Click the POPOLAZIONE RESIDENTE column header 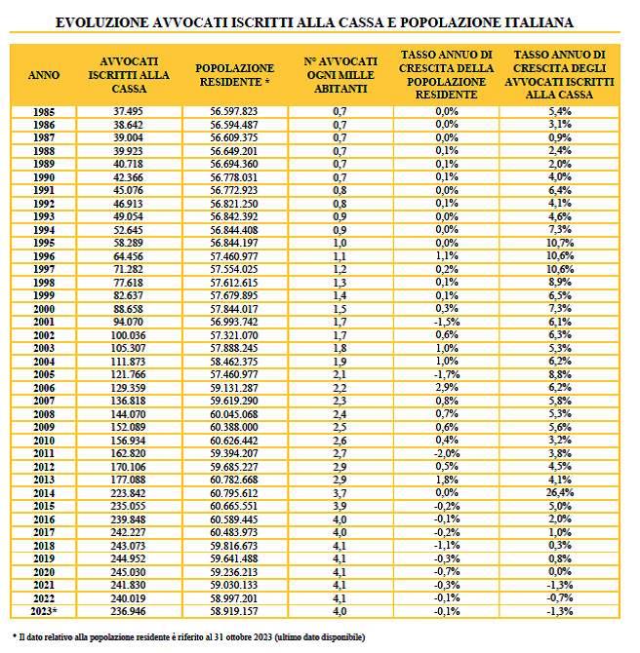coord(234,74)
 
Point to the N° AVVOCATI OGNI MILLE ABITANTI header coord(340,74)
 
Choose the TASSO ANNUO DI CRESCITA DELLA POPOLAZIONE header coord(447,74)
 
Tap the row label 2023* coord(44,611)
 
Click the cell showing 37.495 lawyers coord(129,112)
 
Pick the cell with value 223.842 coord(129,493)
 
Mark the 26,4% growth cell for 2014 coord(560,493)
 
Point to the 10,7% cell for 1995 coord(560,243)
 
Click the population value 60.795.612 coord(234,493)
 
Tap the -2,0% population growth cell coord(447,453)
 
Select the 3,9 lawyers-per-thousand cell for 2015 coord(340,506)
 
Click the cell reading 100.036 coord(129,335)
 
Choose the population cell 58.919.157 coord(234,611)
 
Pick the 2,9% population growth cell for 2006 coord(447,388)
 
